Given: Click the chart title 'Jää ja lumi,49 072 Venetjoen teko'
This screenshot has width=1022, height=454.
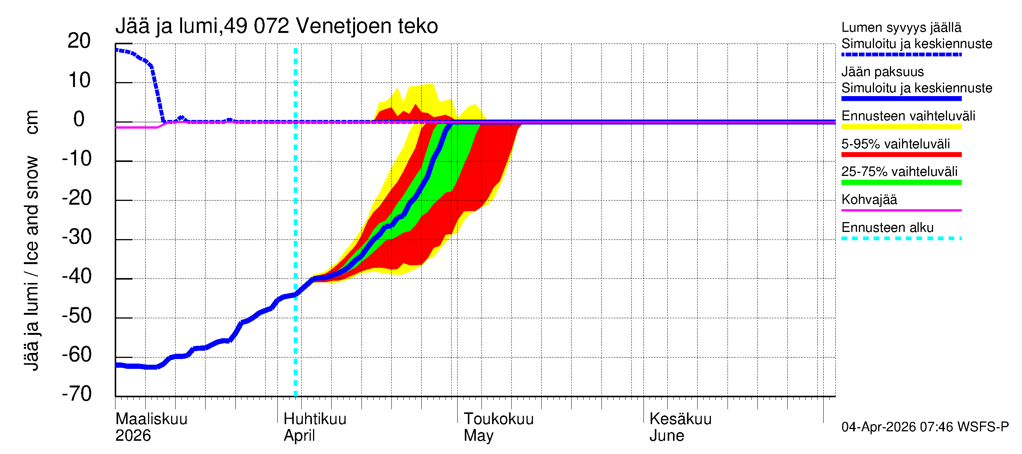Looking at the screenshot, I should pos(277,26).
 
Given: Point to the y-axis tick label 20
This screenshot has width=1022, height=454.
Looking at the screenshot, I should pos(79,41).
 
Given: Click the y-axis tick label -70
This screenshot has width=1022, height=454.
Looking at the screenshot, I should pos(77,394).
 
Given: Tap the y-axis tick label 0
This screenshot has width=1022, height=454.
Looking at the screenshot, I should pos(79,119).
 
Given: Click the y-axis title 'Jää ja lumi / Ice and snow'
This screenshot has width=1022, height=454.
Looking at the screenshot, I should pos(31,263).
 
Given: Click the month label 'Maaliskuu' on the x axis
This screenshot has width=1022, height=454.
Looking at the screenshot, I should pos(151,419).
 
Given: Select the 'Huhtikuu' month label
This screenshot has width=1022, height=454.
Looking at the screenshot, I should pos(315,419).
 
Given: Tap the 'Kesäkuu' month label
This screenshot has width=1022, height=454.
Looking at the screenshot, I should pos(680,419).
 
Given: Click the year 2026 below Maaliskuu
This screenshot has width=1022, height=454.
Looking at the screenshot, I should pos(133,436).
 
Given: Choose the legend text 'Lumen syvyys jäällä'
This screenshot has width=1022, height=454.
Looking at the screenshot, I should pos(901,27).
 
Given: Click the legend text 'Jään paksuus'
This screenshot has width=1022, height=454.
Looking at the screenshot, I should pos(882,72).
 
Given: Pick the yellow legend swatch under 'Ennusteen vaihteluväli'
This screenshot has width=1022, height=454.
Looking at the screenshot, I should pos(901,127).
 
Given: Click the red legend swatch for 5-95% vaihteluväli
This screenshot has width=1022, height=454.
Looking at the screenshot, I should pos(901,155).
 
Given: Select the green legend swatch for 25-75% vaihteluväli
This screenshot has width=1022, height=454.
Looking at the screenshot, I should pos(901,182).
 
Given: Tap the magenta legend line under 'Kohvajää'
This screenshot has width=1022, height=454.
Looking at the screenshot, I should pos(901,210).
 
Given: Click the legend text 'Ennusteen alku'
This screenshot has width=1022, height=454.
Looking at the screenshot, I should pos(887,228).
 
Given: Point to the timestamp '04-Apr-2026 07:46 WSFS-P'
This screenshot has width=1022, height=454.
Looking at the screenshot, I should pos(925,427).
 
